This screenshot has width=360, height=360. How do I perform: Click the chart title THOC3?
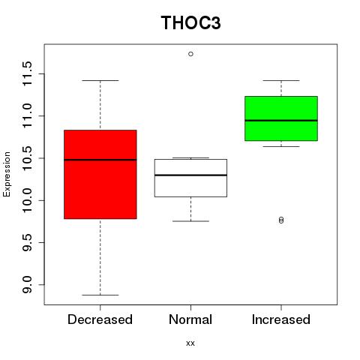[190, 22]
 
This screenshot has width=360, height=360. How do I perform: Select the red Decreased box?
[100, 174]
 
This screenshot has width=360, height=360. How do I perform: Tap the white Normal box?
[190, 178]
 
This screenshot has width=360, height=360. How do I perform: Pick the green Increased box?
[281, 118]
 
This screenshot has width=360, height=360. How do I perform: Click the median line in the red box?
[100, 160]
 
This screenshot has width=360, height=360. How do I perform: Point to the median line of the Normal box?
[190, 175]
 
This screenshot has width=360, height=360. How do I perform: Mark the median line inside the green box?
[281, 121]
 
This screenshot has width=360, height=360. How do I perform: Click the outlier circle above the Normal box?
[190, 54]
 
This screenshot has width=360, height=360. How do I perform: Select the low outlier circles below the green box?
[281, 220]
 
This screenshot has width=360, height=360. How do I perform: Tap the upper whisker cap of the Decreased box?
[100, 80]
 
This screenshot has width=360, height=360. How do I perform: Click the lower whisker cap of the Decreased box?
[100, 295]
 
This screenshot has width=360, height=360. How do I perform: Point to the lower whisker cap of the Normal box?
[190, 221]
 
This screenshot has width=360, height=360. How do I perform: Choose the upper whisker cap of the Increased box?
[281, 80]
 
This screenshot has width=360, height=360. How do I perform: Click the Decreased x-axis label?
[100, 319]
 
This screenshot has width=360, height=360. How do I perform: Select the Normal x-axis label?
[190, 319]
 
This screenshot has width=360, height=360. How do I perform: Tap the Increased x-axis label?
[281, 319]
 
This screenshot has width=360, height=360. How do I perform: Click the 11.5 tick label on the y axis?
[27, 73]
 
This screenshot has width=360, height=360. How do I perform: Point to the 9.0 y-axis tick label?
[27, 284]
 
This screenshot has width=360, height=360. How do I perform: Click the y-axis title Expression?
[7, 174]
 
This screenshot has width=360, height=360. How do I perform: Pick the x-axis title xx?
[190, 343]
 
